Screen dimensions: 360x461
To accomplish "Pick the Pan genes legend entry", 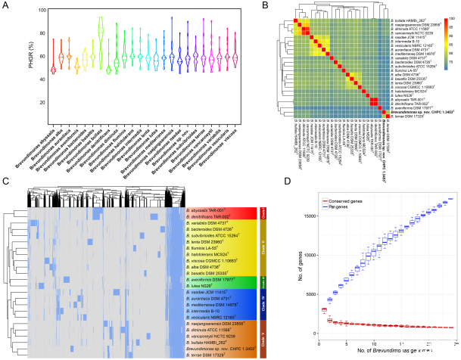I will (x=335, y=207).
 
